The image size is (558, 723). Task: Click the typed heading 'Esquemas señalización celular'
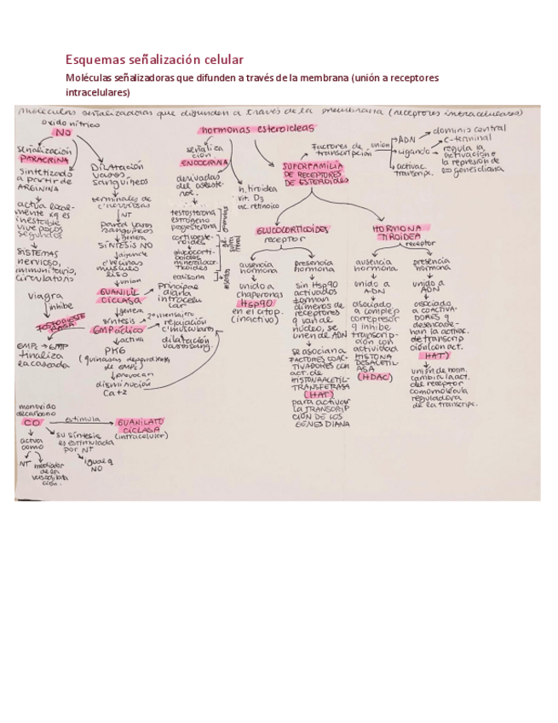154,60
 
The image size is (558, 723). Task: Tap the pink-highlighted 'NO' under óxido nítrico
63,132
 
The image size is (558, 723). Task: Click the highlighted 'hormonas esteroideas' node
256,129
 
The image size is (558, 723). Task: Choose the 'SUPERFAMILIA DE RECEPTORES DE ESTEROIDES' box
316,173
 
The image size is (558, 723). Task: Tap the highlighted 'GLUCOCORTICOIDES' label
291,229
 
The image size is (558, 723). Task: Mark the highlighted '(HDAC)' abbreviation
375,375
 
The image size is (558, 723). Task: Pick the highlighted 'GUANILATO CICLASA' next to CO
141,425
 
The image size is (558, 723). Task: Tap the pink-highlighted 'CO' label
32,422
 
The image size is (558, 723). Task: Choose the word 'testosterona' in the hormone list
193,213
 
